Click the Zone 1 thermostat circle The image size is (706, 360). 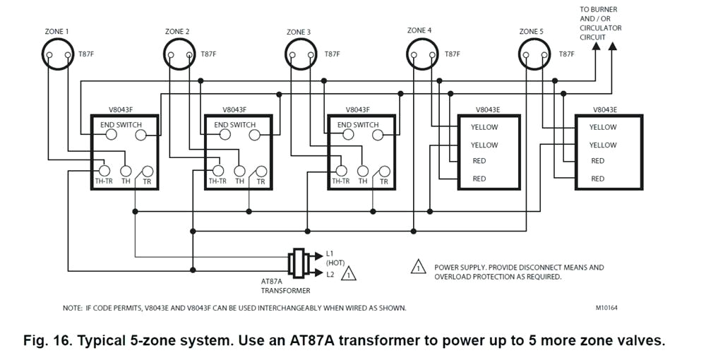click(x=57, y=54)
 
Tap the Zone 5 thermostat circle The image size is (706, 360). click(x=533, y=54)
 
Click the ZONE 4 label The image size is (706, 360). click(x=419, y=30)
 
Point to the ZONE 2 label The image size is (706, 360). click(x=177, y=32)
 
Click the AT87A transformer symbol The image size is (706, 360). click(x=298, y=263)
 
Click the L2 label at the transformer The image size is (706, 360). click(x=330, y=274)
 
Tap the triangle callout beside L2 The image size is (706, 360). click(x=349, y=274)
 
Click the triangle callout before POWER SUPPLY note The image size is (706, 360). click(x=419, y=268)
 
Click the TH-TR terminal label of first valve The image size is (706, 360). click(x=102, y=181)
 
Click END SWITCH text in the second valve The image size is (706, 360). click(x=234, y=125)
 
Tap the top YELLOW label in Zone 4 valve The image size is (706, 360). click(x=484, y=128)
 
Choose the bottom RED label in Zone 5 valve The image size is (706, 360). click(x=597, y=179)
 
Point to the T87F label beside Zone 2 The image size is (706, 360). click(x=209, y=54)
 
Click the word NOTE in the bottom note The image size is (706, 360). click(x=73, y=308)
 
